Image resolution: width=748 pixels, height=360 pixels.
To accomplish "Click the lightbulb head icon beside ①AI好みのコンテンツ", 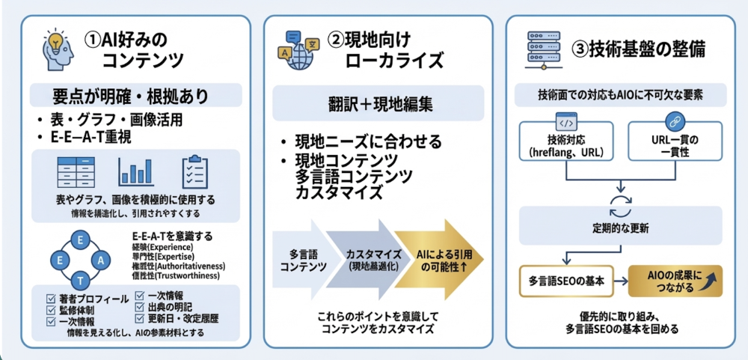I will pos(58,46).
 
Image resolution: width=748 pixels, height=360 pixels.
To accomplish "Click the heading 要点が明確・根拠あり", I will pos(135,97).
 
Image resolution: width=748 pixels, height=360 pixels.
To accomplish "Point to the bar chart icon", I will pos(135,171).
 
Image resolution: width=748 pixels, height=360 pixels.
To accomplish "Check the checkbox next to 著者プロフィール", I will pos(50,299).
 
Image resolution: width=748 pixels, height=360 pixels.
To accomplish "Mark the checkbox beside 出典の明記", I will pos(141,306).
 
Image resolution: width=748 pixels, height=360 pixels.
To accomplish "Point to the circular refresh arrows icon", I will pos(620,204).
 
